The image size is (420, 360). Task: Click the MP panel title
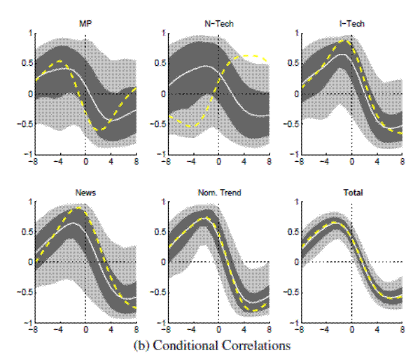[85, 23]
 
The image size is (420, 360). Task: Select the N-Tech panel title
[218, 23]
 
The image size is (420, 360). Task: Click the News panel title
[85, 191]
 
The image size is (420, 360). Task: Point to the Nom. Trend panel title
[218, 191]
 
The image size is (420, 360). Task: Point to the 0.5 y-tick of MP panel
[25, 64]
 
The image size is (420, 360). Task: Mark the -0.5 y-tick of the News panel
[23, 293]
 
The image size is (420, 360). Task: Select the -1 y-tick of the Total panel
[294, 323]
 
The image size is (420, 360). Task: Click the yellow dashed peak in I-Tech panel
[346, 41]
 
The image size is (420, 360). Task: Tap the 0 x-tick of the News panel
[85, 329]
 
